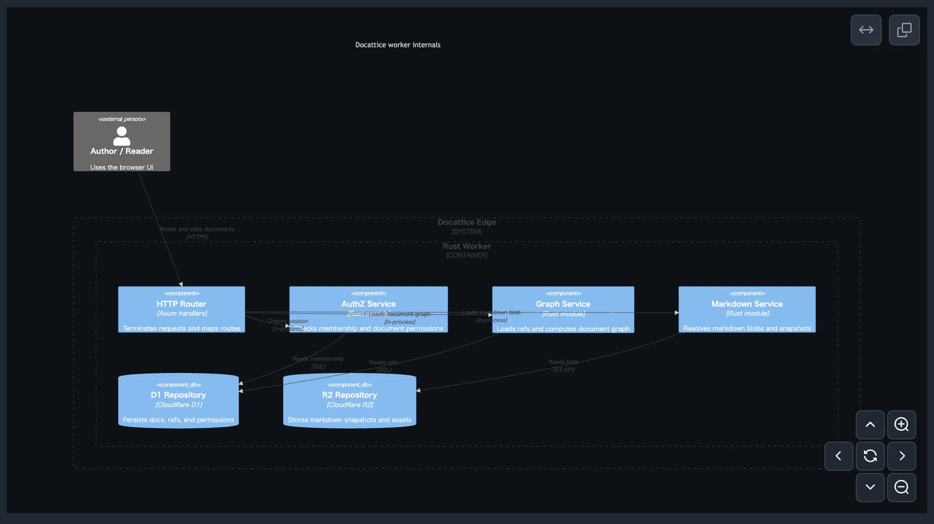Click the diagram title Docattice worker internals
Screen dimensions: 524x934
tap(397, 45)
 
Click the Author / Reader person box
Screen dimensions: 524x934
tap(122, 155)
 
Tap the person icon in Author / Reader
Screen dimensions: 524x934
tap(121, 136)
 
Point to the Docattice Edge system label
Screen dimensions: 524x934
tap(467, 222)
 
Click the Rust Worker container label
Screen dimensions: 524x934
tap(467, 246)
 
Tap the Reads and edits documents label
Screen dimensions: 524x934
tap(197, 229)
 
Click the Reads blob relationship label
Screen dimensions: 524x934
tap(563, 362)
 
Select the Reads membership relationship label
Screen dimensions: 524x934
tap(318, 359)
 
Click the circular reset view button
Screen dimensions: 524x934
tap(870, 456)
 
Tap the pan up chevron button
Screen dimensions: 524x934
tap(870, 424)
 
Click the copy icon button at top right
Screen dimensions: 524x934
tap(904, 30)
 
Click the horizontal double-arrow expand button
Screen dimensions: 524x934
tap(866, 30)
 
